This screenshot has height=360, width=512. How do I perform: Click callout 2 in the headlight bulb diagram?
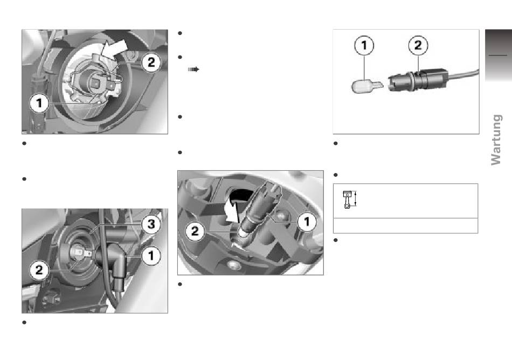point(151,62)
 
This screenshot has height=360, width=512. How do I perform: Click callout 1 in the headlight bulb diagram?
point(39,103)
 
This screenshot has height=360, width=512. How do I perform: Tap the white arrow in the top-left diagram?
point(114,47)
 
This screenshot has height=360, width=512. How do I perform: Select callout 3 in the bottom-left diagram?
point(151,224)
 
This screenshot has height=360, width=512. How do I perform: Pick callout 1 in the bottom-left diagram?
point(151,255)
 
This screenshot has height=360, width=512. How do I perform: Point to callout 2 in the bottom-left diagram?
point(39,270)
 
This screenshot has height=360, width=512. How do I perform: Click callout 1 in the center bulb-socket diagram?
point(307,222)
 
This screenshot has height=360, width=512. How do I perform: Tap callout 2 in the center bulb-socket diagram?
point(195,231)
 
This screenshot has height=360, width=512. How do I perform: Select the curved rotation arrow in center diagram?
point(234,209)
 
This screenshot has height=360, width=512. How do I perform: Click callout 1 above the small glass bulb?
point(364,45)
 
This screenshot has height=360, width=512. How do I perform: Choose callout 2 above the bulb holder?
point(418,45)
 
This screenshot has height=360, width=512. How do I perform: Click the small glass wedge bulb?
point(366,86)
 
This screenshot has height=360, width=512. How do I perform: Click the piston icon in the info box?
point(347,199)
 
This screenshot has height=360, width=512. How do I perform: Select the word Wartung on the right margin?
point(496,140)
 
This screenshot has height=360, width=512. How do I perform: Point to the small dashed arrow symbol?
point(193,69)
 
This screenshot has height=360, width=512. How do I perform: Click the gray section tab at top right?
point(499,56)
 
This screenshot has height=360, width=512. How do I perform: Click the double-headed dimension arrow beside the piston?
point(356,199)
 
